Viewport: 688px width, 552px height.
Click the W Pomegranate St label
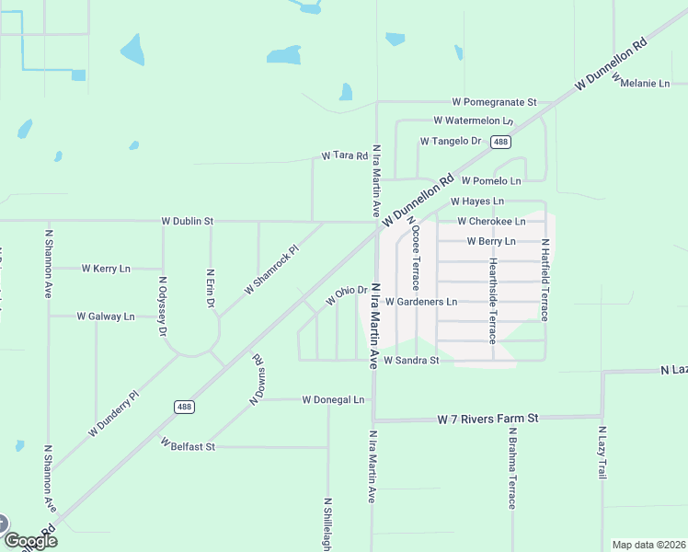pos(494,102)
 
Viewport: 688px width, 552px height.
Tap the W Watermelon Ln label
pos(473,121)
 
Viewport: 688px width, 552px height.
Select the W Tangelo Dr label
pos(451,141)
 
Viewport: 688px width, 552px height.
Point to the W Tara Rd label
pos(344,156)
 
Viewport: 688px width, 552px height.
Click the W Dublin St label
pos(187,222)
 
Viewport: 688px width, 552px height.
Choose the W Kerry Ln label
pos(106,269)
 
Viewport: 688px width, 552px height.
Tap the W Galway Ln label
pos(105,316)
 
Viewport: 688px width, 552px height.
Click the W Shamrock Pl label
pos(272,270)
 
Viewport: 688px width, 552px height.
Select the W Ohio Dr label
pos(347,295)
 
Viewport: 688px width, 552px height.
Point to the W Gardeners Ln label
pos(421,302)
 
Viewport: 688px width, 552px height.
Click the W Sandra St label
pos(411,361)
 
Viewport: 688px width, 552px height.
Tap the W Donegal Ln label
pos(333,400)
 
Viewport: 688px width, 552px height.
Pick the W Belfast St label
pos(188,445)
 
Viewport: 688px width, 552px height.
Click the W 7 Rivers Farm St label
pos(487,419)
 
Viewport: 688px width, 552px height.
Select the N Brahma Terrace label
pos(512,472)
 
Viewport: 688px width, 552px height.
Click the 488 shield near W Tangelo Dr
pos(500,142)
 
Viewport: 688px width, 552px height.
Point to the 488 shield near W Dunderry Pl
pos(184,406)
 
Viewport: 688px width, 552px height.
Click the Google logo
pos(29,540)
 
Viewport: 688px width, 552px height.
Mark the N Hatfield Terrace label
pos(545,280)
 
